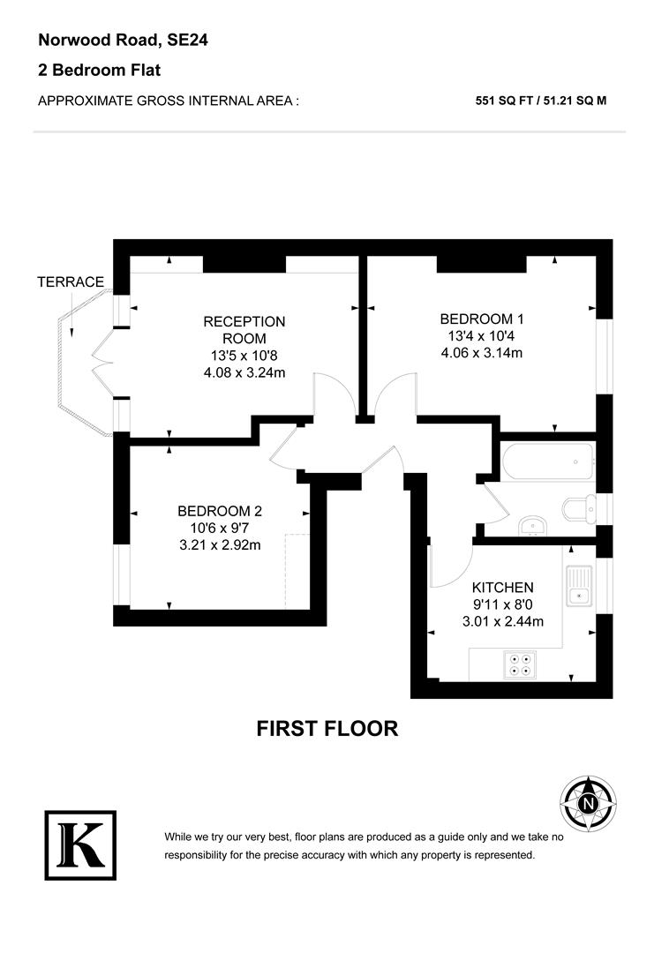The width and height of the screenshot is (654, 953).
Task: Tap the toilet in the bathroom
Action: [x=578, y=509]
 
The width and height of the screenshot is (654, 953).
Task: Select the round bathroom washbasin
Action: [x=532, y=526]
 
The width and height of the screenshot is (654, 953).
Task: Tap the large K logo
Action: [x=80, y=844]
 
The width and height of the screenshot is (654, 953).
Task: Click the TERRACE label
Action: [x=71, y=282]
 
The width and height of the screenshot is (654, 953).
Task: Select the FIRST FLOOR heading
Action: [x=327, y=729]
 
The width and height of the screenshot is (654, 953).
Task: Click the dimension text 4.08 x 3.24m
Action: [x=244, y=372]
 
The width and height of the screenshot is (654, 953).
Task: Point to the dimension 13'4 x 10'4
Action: [x=476, y=336]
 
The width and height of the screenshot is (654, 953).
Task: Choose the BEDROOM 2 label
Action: [x=220, y=511]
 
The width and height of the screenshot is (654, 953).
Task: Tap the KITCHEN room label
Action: [x=502, y=588]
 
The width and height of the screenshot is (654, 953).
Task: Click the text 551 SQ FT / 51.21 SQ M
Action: [x=541, y=101]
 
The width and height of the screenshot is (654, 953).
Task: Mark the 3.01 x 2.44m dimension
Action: [x=502, y=621]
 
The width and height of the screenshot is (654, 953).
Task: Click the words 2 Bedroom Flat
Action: [x=99, y=70]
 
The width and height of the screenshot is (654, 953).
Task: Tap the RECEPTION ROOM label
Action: [x=244, y=329]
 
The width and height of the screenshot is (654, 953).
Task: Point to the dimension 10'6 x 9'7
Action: [x=220, y=528]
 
